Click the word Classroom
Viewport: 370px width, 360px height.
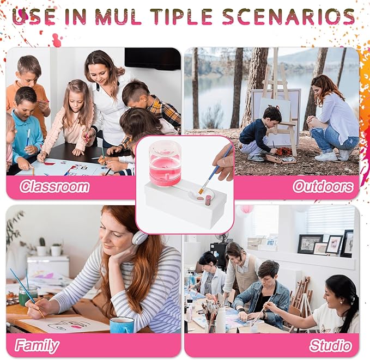point(54,186)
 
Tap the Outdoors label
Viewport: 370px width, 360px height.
point(323,186)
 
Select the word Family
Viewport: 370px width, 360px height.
point(37,346)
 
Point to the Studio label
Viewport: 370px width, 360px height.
point(331,346)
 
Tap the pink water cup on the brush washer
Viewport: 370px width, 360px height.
point(165,163)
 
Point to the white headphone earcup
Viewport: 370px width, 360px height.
point(139,237)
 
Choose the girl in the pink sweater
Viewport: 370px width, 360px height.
point(69,118)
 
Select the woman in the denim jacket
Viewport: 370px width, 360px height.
point(262,295)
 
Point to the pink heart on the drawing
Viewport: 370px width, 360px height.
point(76,327)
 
